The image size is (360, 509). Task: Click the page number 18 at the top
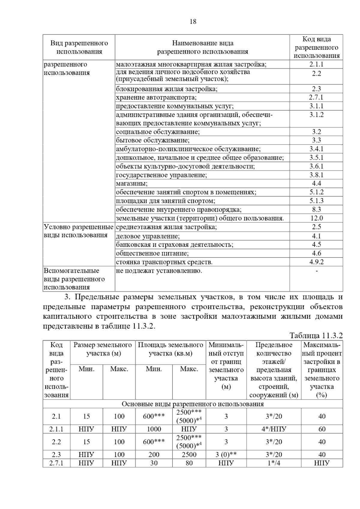pos(193,22)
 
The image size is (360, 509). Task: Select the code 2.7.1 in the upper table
pos(316,97)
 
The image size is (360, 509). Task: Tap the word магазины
pos(132,183)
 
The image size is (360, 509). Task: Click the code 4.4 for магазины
pos(316,183)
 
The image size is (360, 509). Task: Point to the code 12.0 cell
pos(316,218)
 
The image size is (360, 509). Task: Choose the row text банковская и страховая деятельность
pos(175,245)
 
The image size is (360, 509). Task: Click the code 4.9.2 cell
pos(316,262)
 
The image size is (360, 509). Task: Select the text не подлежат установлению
pos(159,271)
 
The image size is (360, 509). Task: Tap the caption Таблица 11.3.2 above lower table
pos(316,335)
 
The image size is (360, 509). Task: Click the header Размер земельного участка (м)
pos(103,349)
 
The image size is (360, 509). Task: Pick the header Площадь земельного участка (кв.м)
pos(170,349)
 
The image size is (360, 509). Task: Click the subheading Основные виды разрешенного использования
pos(193,404)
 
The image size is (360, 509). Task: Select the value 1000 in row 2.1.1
pos(154,429)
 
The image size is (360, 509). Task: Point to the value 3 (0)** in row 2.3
pos(226,455)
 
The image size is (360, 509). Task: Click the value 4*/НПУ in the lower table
pos(274,429)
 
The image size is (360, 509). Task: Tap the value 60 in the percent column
pos(322,429)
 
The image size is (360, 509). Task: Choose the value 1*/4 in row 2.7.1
pos(274,463)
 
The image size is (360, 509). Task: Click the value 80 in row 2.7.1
pos(189,463)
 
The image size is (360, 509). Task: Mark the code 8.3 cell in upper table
pos(316,210)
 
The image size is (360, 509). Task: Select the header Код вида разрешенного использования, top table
pos(316,47)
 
